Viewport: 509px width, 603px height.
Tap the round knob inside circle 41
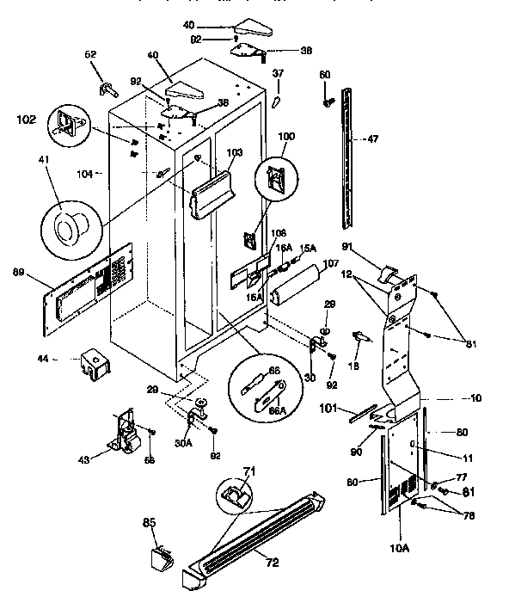pos(67,227)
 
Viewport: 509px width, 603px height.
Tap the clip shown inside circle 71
pos(233,494)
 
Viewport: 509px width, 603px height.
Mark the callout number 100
pos(285,136)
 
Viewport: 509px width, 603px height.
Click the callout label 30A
pos(183,445)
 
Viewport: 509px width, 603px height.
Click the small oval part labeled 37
pos(276,102)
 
